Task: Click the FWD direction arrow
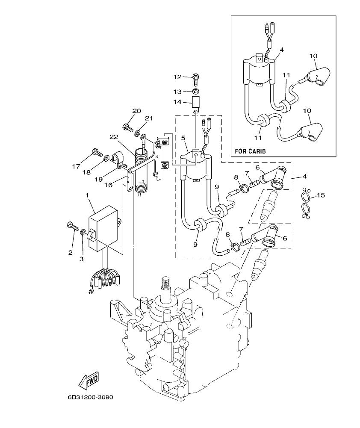89,379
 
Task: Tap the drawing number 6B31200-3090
90,397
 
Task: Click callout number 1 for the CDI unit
87,195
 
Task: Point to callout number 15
321,195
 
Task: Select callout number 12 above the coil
177,77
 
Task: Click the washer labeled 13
195,92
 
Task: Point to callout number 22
113,136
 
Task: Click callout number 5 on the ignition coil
183,138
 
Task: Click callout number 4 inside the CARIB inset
281,50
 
